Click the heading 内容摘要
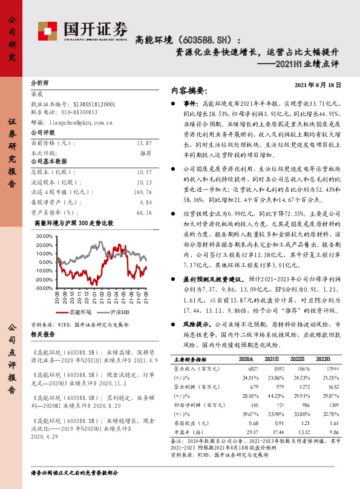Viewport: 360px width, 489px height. point(189,91)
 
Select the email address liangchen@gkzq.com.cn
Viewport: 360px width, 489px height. point(82,121)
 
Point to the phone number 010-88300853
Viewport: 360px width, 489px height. point(76,112)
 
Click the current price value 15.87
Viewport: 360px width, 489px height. point(145,143)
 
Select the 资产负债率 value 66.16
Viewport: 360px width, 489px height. point(145,212)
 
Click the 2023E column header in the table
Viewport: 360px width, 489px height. point(324,359)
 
